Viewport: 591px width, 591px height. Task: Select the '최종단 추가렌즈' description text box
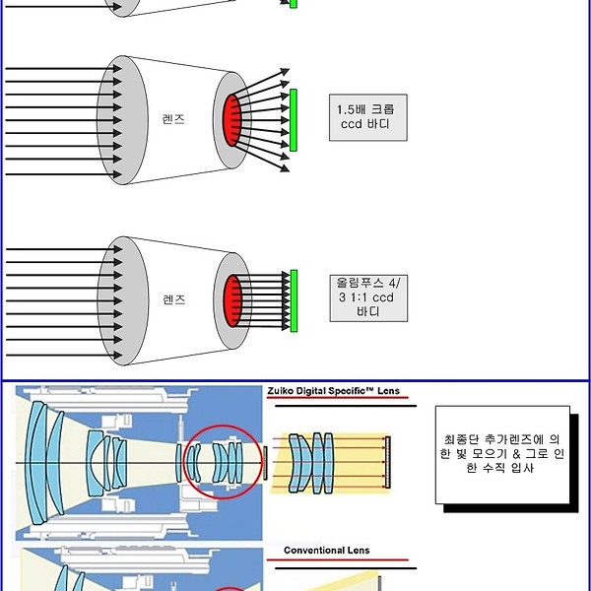pos(503,454)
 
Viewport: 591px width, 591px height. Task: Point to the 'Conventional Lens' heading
pos(327,550)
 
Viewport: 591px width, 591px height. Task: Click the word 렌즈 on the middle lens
pos(173,119)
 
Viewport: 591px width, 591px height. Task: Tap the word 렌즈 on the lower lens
pos(173,298)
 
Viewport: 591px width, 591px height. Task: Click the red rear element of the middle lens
pos(234,120)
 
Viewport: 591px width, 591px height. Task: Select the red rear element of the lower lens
pos(234,299)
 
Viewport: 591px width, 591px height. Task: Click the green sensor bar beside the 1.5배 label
pos(293,120)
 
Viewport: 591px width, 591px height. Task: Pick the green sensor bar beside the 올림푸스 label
pos(293,299)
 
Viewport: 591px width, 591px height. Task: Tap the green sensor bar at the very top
pos(293,4)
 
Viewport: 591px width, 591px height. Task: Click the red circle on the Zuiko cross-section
pos(224,462)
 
